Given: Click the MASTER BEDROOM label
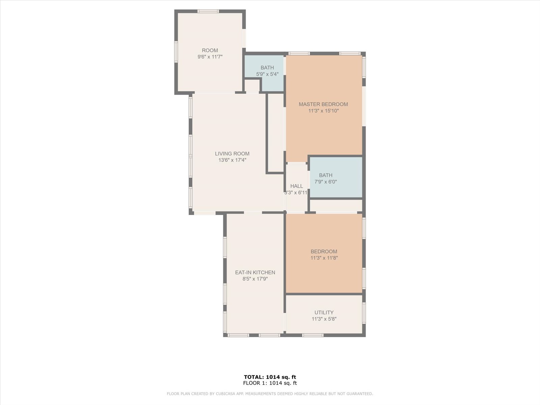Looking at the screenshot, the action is click(x=323, y=104).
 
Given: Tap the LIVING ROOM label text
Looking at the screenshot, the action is click(x=232, y=154).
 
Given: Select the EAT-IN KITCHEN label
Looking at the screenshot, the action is click(x=255, y=272).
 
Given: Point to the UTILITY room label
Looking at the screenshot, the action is click(x=324, y=313).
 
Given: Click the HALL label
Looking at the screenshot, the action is click(x=296, y=186).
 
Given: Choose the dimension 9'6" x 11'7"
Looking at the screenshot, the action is click(x=210, y=57).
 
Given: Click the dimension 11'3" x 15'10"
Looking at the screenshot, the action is click(x=323, y=111).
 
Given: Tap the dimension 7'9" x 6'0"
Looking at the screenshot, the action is click(x=325, y=182).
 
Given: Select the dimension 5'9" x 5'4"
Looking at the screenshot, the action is click(x=267, y=74).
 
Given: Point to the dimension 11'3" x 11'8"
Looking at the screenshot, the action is click(x=324, y=258).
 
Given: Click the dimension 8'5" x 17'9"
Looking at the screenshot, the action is click(x=255, y=279).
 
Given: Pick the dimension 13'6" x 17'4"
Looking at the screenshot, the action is click(x=232, y=160).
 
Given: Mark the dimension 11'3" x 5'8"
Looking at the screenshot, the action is click(x=324, y=319).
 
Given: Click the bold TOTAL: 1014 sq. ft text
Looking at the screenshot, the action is click(x=270, y=377).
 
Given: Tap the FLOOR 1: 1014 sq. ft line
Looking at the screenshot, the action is click(x=270, y=383).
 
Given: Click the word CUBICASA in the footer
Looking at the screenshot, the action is click(x=225, y=394).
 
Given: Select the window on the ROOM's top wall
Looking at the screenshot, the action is click(x=208, y=11).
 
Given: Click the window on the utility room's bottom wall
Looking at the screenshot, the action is click(x=313, y=335).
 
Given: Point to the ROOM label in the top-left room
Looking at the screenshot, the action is click(x=210, y=50).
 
